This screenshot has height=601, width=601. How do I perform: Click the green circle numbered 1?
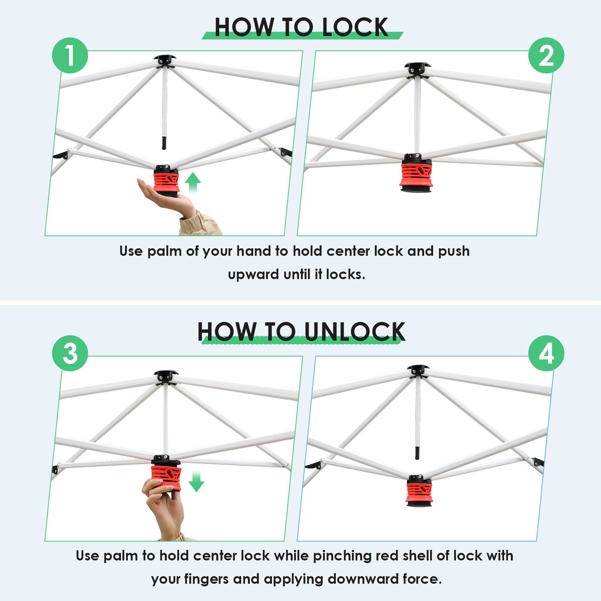(x=70, y=55)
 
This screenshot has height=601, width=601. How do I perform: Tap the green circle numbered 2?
(x=546, y=55)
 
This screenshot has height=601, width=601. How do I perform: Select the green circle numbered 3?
(x=70, y=353)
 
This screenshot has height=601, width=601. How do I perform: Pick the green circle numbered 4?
(x=546, y=353)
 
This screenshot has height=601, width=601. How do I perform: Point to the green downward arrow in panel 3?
(x=196, y=481)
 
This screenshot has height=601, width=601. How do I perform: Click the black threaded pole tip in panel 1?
(x=164, y=142)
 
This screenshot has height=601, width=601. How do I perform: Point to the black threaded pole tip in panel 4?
(x=417, y=453)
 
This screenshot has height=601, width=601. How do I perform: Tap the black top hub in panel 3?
(x=166, y=377)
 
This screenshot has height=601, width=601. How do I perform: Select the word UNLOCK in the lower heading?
(x=355, y=331)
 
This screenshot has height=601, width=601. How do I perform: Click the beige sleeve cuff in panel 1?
(x=200, y=224)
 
